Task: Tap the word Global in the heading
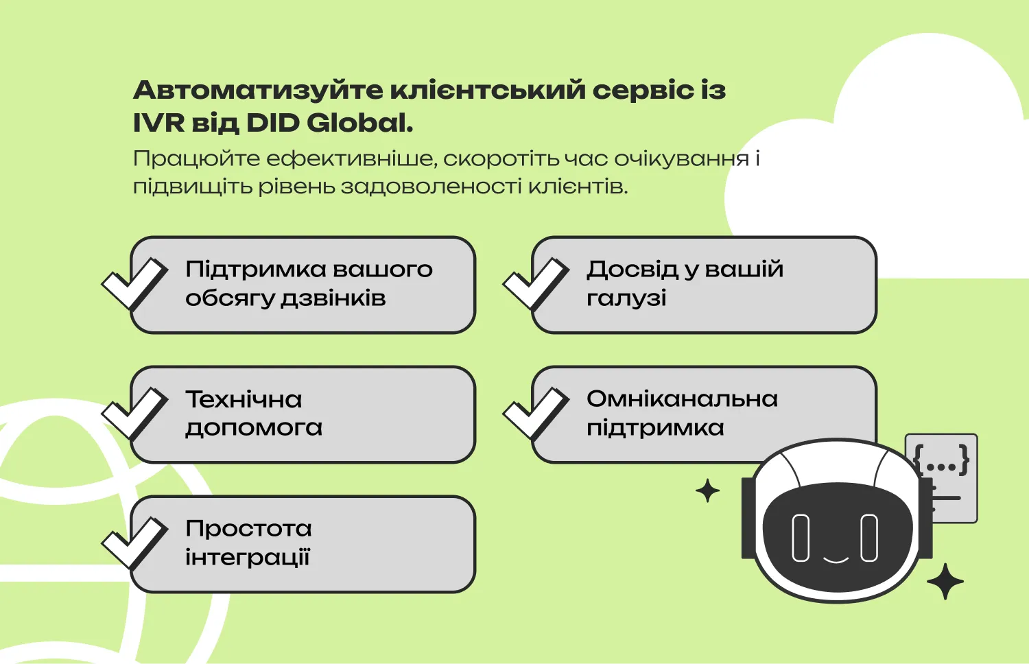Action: pyautogui.click(x=359, y=123)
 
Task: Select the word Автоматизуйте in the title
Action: pyautogui.click(x=257, y=91)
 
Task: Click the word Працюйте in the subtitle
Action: pyautogui.click(x=196, y=159)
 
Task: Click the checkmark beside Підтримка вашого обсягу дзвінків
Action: pyautogui.click(x=135, y=283)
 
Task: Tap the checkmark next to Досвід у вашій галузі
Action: pyautogui.click(x=536, y=283)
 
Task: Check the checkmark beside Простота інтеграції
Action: pyautogui.click(x=135, y=542)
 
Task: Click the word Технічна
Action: pyautogui.click(x=244, y=399)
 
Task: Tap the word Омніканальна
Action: pyautogui.click(x=682, y=399)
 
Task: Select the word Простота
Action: pyautogui.click(x=248, y=529)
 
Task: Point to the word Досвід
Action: pyautogui.click(x=632, y=270)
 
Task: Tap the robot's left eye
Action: pyautogui.click(x=800, y=538)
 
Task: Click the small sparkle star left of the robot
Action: pyautogui.click(x=707, y=491)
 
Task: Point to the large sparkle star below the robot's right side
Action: pyautogui.click(x=945, y=582)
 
